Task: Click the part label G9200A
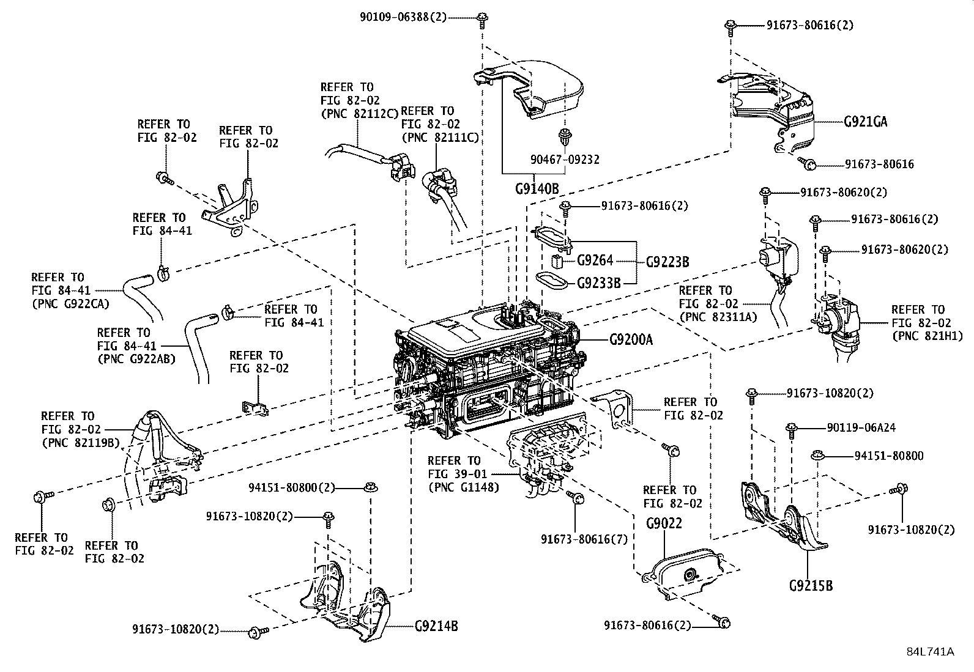click(x=631, y=339)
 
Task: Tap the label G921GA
click(x=865, y=122)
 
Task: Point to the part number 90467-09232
click(x=565, y=160)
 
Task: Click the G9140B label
click(x=537, y=189)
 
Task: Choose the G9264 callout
click(x=595, y=261)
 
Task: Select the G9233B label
click(x=599, y=283)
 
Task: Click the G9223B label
click(x=667, y=262)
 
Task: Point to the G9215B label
click(x=811, y=586)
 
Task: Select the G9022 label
click(x=664, y=523)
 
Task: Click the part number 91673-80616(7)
click(x=584, y=539)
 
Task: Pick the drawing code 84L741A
click(x=930, y=651)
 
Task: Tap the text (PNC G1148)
click(x=463, y=487)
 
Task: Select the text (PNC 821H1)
click(x=927, y=336)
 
